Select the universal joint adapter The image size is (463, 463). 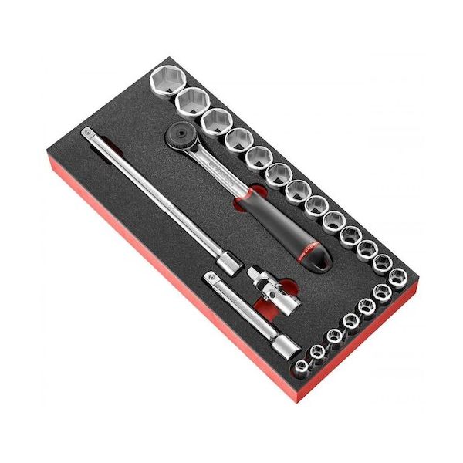pyautogui.click(x=265, y=286)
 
